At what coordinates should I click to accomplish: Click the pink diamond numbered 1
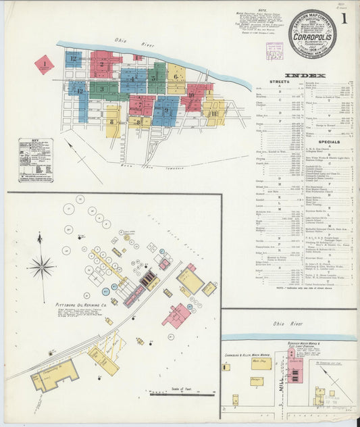44,65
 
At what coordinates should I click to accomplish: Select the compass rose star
41,266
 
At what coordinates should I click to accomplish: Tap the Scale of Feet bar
181,391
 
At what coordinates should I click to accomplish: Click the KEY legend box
35,159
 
